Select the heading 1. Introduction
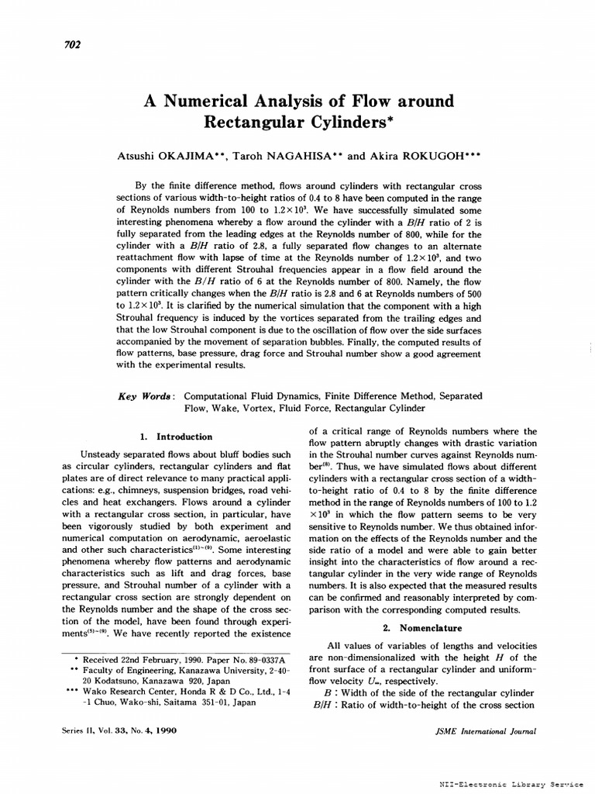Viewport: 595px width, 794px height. coord(175,437)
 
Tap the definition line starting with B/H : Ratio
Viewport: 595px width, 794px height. coord(423,705)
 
